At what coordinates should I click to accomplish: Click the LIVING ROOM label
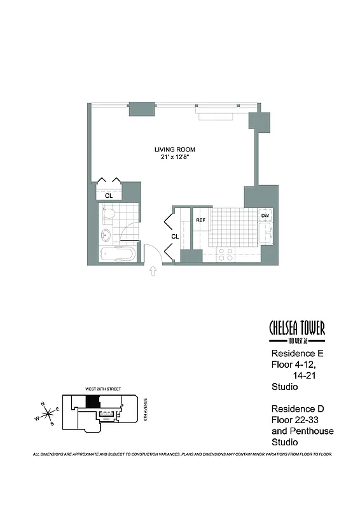pyautogui.click(x=174, y=150)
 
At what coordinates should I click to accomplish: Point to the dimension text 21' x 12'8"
pyautogui.click(x=174, y=158)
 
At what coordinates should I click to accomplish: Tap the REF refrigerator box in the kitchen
pyautogui.click(x=200, y=221)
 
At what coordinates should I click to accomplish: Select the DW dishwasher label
pyautogui.click(x=265, y=216)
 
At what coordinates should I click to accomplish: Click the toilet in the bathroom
pyautogui.click(x=108, y=214)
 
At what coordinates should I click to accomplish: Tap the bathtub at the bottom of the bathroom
pyautogui.click(x=118, y=256)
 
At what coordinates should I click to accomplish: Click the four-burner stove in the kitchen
pyautogui.click(x=225, y=254)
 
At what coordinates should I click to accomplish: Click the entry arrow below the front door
pyautogui.click(x=153, y=272)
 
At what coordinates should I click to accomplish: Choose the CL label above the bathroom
pyautogui.click(x=109, y=196)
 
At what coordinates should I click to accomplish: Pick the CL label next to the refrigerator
pyautogui.click(x=174, y=236)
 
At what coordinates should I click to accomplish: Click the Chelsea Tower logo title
pyautogui.click(x=297, y=328)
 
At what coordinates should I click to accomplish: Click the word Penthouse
pyautogui.click(x=312, y=431)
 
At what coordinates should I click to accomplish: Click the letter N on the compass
pyautogui.click(x=43, y=404)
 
